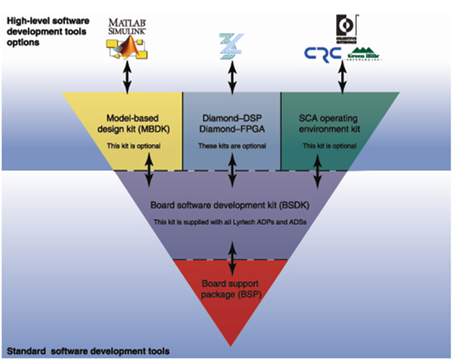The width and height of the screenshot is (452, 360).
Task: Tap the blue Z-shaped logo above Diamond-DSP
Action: (x=231, y=44)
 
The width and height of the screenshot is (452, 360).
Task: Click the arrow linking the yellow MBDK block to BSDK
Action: (x=151, y=169)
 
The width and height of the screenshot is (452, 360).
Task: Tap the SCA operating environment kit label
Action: (x=328, y=123)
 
